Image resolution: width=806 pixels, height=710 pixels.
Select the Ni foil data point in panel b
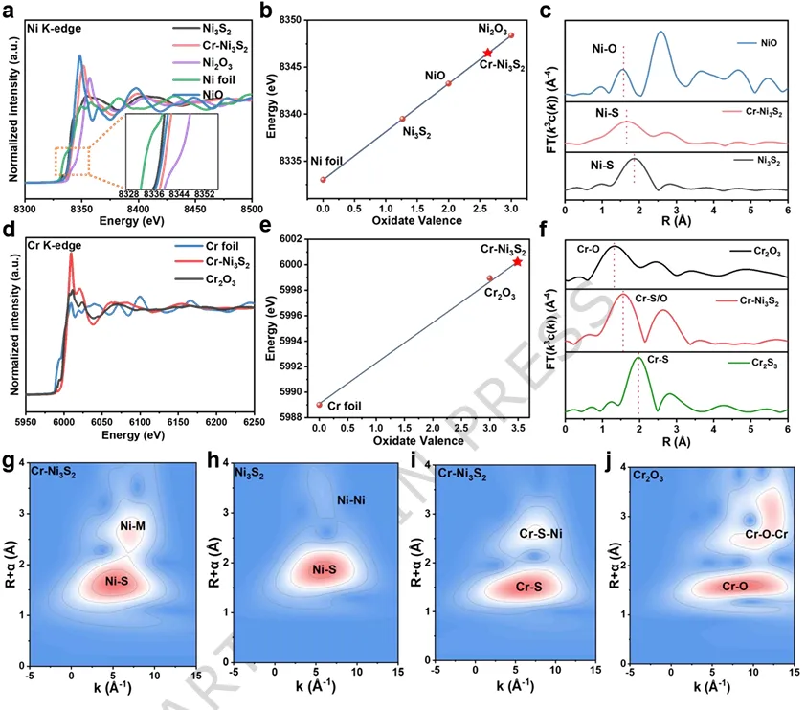[324, 179]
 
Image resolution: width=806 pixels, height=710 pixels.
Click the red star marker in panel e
[518, 261]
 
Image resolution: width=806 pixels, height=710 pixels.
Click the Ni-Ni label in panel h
[352, 500]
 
